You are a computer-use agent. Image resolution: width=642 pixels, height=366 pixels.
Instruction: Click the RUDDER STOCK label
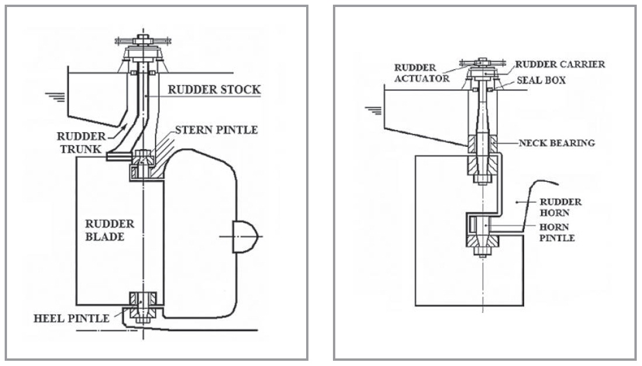click(214, 90)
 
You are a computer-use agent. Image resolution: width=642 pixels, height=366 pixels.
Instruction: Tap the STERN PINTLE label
click(216, 130)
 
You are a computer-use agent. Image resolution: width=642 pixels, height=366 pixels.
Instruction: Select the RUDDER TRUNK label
click(81, 143)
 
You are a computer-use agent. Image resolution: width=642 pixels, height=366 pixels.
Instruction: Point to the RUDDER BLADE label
click(109, 230)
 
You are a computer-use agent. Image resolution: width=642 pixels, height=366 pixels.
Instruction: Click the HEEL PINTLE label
click(71, 319)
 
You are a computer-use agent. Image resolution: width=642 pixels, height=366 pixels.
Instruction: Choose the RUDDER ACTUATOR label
click(422, 73)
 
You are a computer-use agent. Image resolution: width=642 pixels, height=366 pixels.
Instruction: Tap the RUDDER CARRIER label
click(560, 64)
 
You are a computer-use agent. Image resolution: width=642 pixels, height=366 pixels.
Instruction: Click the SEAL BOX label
click(541, 80)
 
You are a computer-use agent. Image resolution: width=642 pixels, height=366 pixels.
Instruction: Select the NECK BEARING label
click(556, 143)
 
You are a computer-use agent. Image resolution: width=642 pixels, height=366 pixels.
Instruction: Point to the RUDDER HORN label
click(560, 207)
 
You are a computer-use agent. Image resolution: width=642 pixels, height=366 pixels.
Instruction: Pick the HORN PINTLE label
click(557, 232)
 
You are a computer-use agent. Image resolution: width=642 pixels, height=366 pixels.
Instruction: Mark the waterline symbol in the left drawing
click(55, 97)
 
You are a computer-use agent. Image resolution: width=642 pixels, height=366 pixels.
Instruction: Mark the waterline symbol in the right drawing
click(373, 111)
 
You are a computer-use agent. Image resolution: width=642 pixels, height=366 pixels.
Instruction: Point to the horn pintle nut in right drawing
click(483, 251)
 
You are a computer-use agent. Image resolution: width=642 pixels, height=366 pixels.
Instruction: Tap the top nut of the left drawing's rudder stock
click(143, 40)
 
